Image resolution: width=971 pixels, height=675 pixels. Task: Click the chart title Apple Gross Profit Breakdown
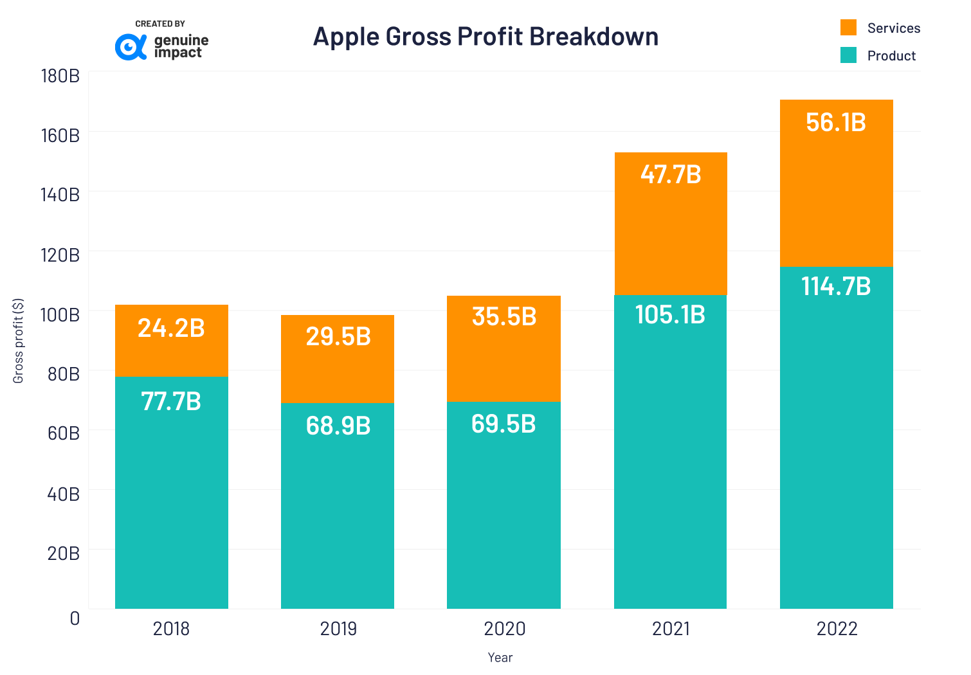click(485, 37)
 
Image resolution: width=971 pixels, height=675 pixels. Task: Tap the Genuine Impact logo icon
click(131, 47)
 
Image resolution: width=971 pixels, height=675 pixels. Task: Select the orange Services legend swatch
click(848, 28)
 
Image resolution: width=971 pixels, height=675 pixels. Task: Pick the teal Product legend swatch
click(848, 55)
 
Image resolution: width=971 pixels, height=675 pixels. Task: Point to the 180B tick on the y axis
click(60, 76)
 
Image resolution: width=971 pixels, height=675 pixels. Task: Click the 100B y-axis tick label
click(60, 315)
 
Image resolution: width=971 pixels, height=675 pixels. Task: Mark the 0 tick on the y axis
click(75, 618)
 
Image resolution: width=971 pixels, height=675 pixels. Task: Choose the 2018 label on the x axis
click(171, 629)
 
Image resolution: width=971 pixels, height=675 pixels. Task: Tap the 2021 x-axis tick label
click(670, 629)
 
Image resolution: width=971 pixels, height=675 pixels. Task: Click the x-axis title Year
click(500, 658)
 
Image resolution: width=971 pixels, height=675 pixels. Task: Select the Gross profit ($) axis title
click(18, 341)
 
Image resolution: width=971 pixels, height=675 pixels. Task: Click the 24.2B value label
click(171, 328)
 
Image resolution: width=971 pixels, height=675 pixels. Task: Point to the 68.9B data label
click(338, 426)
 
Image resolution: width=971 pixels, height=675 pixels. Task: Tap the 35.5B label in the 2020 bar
click(504, 316)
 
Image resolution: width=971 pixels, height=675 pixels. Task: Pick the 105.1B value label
click(670, 314)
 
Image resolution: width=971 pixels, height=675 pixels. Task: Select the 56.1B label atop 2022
click(836, 122)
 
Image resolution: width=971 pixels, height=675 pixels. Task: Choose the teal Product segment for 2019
click(338, 514)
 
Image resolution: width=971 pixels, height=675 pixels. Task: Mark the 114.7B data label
click(836, 286)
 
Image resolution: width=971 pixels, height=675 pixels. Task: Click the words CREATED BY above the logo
click(160, 24)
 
